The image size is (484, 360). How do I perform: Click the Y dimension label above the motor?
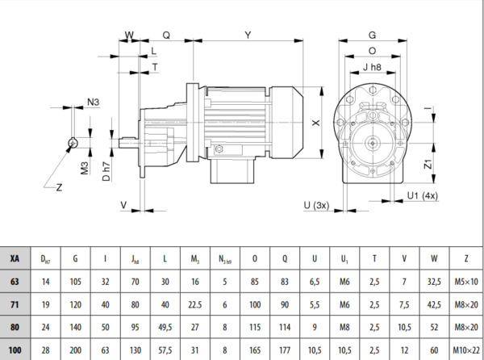pos(248,35)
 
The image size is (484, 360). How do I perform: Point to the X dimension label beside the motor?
pos(315,123)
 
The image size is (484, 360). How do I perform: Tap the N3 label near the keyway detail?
pos(94,102)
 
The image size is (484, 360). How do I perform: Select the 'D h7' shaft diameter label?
pos(106,171)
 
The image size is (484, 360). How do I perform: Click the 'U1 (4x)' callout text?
pos(423,196)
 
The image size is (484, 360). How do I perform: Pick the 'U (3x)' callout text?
pos(316,205)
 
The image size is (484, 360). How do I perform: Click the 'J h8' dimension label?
pos(372,67)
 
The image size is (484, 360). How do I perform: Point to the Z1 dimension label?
pos(428,164)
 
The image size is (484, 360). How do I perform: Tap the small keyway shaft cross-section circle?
pos(73,143)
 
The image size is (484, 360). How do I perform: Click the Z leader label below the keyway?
pos(59,187)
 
